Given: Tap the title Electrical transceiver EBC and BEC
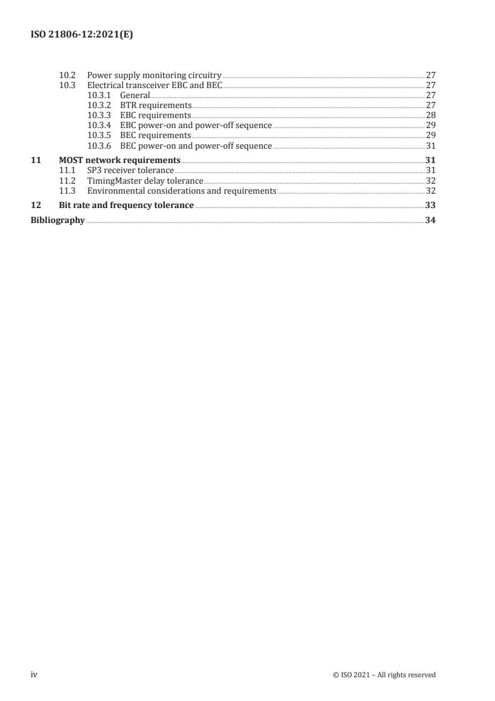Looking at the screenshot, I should (155, 85).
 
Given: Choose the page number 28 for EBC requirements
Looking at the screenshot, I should (430, 116).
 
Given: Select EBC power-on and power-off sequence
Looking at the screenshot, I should (196, 126).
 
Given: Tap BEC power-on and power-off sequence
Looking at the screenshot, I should (196, 146).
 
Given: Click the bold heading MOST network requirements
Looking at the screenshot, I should (119, 160).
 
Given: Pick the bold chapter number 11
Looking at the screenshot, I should (36, 160).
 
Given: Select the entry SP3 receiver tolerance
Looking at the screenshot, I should (130, 170).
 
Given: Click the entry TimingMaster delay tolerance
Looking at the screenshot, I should (145, 181).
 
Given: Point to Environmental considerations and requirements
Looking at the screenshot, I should (182, 191).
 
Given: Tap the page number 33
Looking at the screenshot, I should (430, 205).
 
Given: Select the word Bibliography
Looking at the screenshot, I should (57, 219).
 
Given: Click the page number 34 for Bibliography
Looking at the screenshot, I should (430, 219).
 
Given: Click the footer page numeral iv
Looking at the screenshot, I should (35, 675).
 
